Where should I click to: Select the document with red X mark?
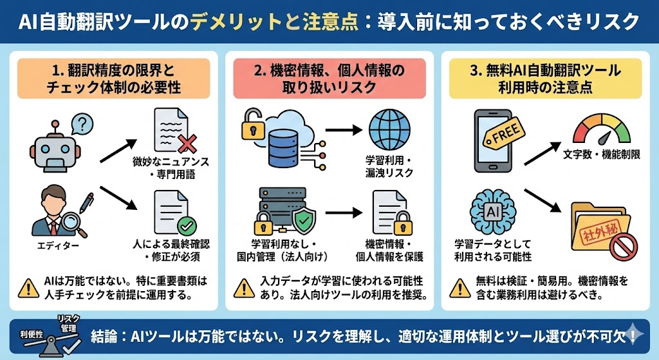click(x=172, y=132)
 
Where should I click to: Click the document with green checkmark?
click(x=172, y=213)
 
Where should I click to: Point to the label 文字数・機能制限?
click(x=602, y=156)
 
